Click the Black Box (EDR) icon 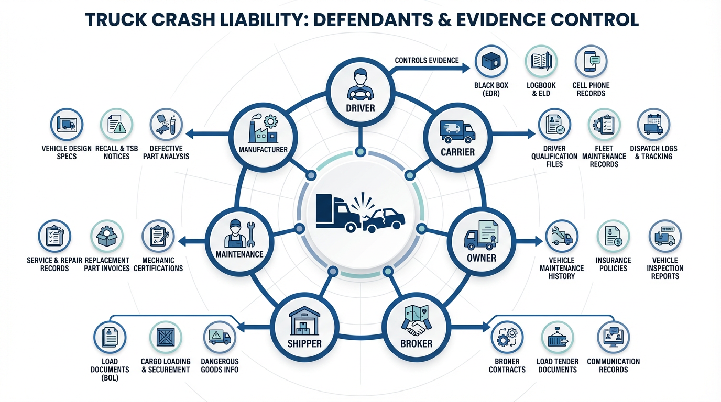point(490,62)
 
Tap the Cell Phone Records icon point(591,62)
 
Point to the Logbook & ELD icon point(541,62)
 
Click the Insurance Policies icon point(613,236)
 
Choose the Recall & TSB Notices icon point(116,125)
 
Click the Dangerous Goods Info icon point(220,337)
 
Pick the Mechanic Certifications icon point(158,236)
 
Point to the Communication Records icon point(613,337)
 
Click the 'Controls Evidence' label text point(427,60)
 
